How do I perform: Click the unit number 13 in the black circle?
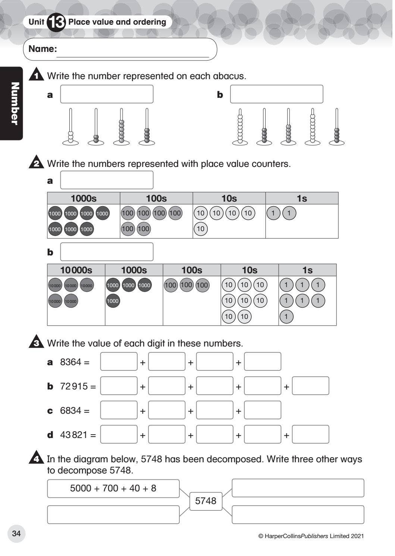coord(56,22)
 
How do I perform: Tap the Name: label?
coord(43,49)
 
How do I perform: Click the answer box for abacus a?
coord(107,94)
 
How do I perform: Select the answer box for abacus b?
coord(276,94)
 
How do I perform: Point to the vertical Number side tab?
coord(14,103)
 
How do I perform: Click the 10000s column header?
coord(76,270)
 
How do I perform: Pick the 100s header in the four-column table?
coord(156,198)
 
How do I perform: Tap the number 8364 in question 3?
coord(70,362)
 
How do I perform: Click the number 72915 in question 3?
coord(74,386)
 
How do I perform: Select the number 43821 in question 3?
coord(74,435)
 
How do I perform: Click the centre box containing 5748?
coord(206,501)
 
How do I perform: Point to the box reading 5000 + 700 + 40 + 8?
coord(113,488)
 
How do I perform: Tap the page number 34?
coord(16,533)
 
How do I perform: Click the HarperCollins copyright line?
coord(311,536)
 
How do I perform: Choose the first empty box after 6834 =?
coord(119,410)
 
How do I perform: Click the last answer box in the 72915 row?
coord(310,386)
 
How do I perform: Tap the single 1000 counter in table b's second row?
coord(113,301)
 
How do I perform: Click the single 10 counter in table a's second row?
coord(201,229)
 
